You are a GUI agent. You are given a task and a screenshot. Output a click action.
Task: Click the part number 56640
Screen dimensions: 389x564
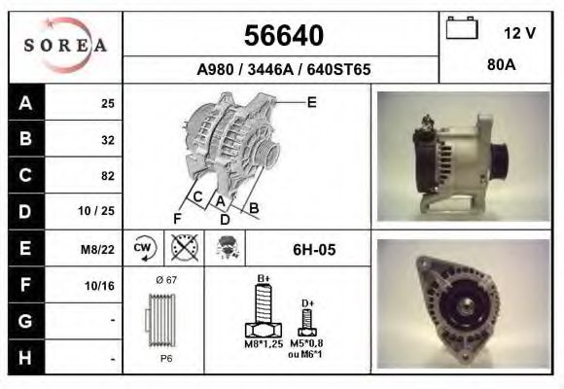(x=282, y=36)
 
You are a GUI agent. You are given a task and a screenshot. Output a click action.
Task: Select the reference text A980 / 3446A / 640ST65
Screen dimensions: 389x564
(x=282, y=70)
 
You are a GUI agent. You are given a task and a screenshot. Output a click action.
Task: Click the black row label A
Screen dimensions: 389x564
(x=25, y=103)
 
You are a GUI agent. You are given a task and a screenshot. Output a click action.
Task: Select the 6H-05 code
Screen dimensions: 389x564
(x=314, y=250)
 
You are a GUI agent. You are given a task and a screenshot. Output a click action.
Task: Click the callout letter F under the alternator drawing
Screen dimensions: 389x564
(x=177, y=217)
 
